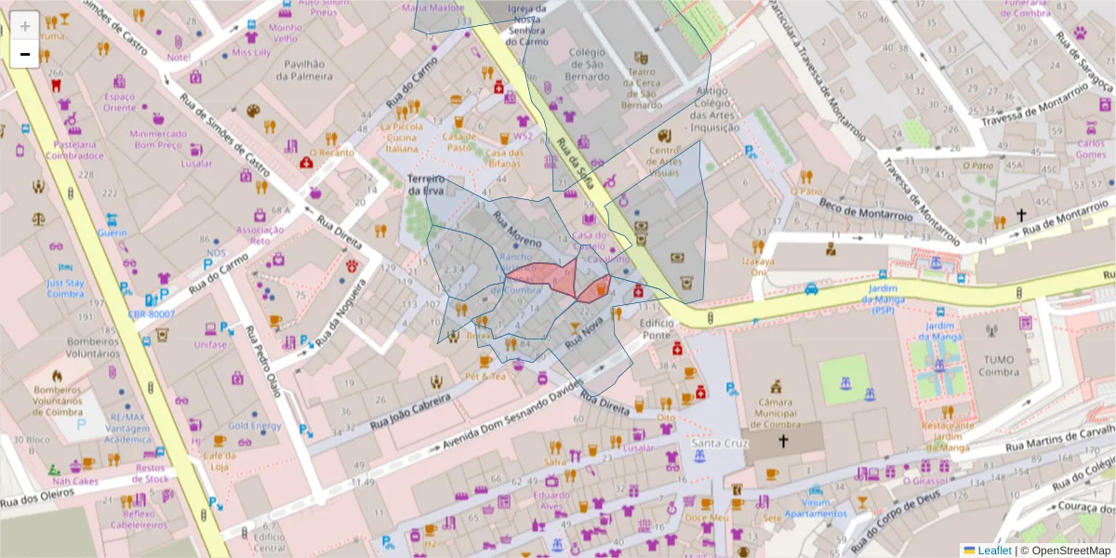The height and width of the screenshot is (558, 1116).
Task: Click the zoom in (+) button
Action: [x=24, y=26]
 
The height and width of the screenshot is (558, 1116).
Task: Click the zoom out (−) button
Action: [x=24, y=54]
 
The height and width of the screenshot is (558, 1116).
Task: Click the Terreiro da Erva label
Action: [x=427, y=184]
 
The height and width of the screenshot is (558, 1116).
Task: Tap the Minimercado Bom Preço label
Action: [x=157, y=139]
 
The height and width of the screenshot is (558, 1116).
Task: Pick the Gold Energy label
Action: [x=254, y=426]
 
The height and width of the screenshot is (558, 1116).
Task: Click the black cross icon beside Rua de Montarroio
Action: [x=1020, y=216]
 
